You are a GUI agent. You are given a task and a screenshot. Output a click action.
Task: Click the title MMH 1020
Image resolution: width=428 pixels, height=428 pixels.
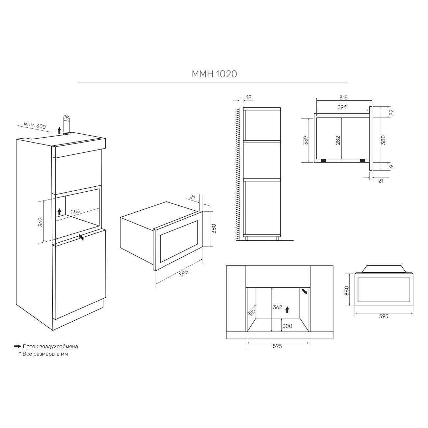coord(214,74)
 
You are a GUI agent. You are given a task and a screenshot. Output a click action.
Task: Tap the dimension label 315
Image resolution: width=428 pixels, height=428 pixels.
coord(343,97)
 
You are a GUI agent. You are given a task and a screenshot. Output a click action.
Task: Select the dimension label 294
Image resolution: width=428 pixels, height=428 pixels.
coord(342,107)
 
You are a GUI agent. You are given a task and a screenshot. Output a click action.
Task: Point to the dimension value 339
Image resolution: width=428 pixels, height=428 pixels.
coord(306,140)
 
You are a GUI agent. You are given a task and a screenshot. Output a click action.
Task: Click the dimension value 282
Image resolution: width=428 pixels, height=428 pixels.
coord(338,140)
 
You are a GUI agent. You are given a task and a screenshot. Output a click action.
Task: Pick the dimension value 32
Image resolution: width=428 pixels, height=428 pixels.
coord(392,112)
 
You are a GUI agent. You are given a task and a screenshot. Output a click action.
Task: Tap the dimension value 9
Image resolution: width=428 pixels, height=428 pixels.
coord(391,166)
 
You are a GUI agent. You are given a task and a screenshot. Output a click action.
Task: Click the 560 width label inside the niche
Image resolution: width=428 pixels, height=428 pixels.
coord(75,211)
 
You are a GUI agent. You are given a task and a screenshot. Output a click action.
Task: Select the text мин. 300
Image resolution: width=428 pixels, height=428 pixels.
coord(35,125)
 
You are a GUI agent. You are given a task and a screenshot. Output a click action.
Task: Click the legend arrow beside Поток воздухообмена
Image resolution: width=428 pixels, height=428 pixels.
coord(17,346)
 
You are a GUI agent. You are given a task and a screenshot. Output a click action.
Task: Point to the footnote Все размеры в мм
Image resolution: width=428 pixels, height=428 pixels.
coord(45,354)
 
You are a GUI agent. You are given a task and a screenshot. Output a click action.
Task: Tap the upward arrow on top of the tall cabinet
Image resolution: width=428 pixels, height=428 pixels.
coord(59,130)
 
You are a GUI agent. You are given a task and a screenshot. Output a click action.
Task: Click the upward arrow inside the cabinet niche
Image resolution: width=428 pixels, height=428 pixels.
coord(59,212)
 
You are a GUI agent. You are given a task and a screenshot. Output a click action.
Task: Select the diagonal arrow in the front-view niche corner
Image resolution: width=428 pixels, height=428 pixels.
coord(304,291)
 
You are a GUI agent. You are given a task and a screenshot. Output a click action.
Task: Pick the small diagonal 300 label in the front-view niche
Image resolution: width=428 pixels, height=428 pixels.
coord(252,313)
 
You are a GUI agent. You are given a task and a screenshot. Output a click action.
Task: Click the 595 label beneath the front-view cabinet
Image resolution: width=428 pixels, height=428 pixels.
coord(278,346)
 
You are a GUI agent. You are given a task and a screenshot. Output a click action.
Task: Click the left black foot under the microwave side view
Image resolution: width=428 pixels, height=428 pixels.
coord(324,160)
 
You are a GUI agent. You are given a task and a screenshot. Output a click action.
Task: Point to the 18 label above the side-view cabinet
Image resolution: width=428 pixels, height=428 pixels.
coord(249,97)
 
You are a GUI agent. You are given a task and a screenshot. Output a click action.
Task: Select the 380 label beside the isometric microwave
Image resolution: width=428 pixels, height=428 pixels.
coord(214,228)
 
